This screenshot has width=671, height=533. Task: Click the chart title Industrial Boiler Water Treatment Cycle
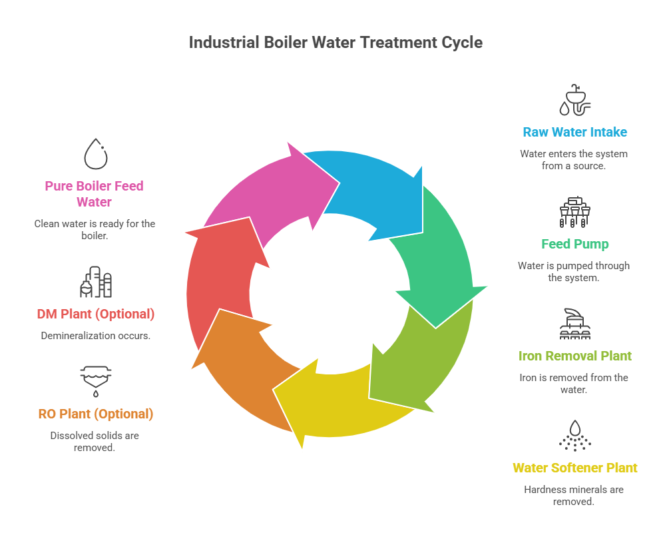tap(335, 42)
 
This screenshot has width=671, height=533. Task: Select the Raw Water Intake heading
tap(574, 132)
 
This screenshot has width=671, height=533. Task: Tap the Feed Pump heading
tap(574, 244)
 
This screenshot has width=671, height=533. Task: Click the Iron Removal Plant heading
tap(574, 356)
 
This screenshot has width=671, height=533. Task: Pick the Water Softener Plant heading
tap(574, 468)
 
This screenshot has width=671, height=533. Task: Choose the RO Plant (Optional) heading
tap(96, 414)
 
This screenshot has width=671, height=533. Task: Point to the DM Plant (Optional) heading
tap(96, 313)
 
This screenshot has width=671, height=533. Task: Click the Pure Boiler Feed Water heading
tap(94, 193)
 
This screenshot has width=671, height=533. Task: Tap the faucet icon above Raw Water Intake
tap(574, 101)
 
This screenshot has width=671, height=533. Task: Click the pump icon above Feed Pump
tap(574, 212)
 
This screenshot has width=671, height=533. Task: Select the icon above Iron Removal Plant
tap(574, 324)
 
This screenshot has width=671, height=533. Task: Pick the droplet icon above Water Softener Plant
tap(574, 436)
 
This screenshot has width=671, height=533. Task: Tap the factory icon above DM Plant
tap(96, 282)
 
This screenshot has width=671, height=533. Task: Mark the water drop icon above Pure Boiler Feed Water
tap(96, 154)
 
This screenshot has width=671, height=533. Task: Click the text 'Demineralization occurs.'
tap(96, 335)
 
